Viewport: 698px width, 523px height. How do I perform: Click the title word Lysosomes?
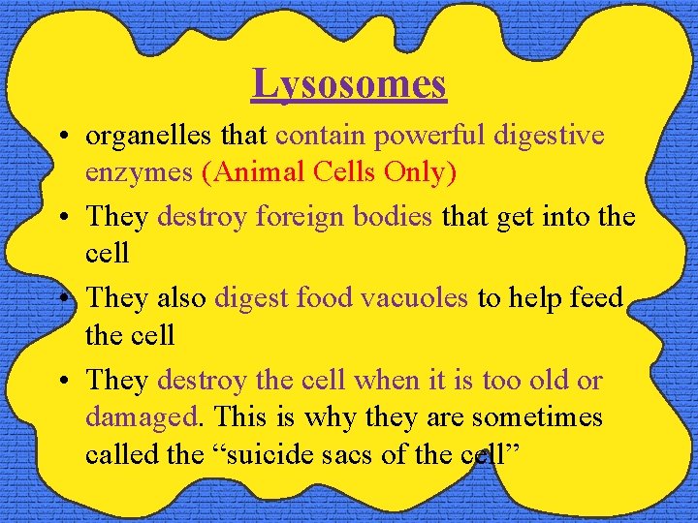pos(349,83)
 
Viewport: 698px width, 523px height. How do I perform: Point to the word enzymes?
pos(140,172)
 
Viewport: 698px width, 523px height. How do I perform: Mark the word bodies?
pos(394,216)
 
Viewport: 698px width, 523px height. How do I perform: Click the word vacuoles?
pos(414,297)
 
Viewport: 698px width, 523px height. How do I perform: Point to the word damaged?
pos(140,417)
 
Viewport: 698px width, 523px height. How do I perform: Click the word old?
pos(549,381)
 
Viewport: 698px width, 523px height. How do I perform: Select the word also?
pos(180,297)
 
